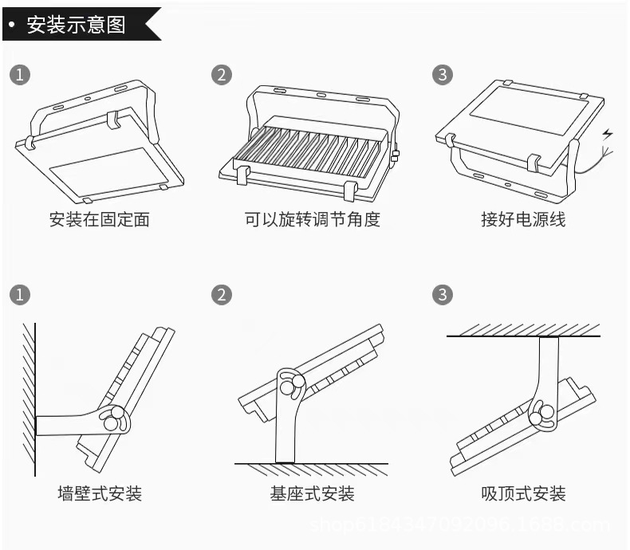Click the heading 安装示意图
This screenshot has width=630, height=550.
77,24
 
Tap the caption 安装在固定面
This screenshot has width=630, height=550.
99,219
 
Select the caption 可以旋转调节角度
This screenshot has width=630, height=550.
313,219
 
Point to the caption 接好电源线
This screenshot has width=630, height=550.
523,219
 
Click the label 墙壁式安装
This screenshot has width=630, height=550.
100,493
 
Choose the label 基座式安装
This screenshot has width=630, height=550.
313,493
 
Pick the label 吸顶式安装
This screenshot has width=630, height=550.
523,493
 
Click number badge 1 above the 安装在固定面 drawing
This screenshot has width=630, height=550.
20,75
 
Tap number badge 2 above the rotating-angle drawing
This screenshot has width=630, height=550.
222,75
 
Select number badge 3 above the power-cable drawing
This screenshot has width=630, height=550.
443,75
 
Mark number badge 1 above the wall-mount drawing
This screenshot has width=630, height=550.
20,294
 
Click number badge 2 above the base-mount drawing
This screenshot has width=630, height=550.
222,294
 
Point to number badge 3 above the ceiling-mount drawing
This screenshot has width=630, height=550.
443,294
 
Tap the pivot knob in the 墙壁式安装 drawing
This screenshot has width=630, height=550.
114,418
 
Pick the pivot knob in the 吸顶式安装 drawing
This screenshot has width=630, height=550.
546,414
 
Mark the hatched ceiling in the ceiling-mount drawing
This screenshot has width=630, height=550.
522,329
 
